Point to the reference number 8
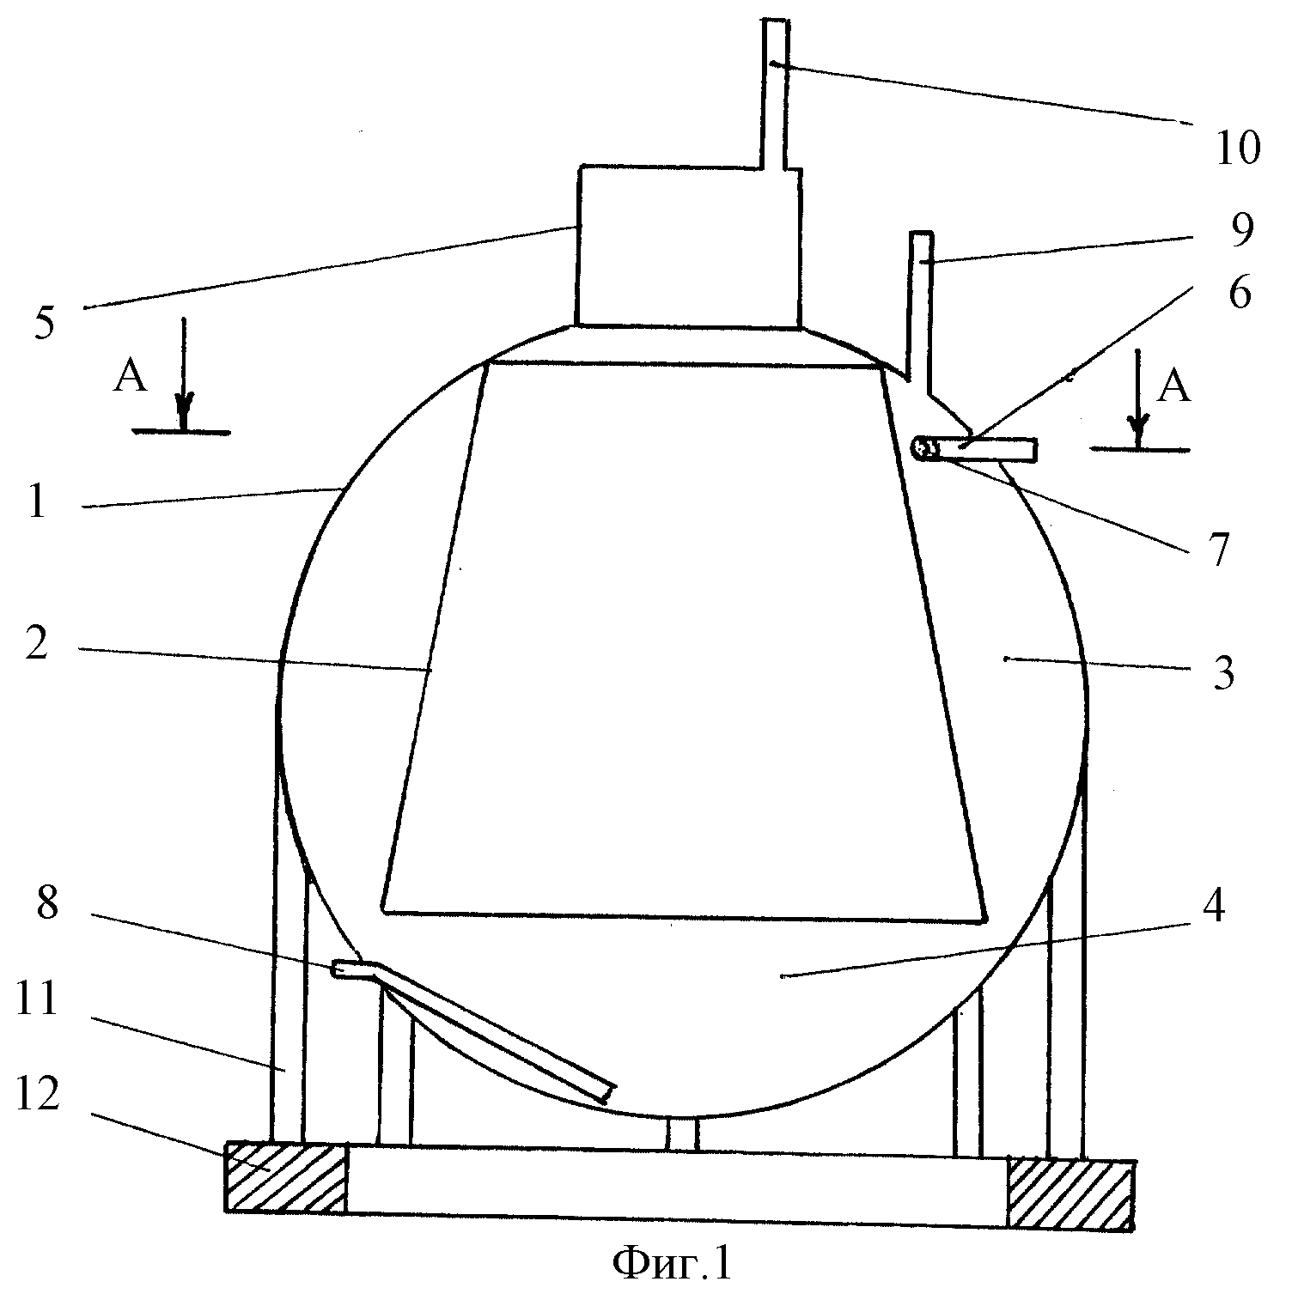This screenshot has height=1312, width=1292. coord(46,905)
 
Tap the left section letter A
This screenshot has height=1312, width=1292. coord(130,378)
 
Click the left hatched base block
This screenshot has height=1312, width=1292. coord(285,1177)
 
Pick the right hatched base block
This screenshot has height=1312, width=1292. coord(1070,1194)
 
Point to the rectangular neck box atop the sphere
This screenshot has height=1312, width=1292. coord(689,246)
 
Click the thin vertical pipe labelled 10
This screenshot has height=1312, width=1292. coord(774,93)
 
